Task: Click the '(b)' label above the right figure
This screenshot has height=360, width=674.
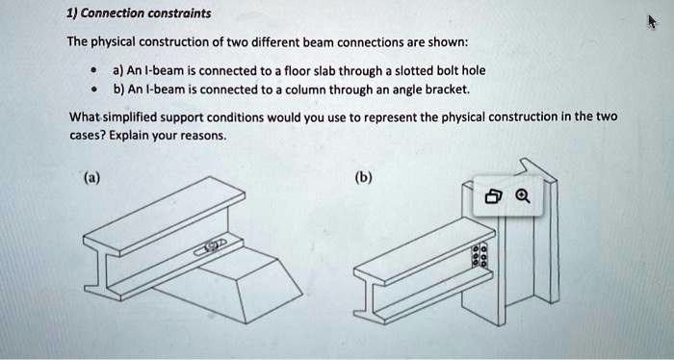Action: (365, 177)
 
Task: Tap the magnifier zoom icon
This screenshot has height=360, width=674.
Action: (522, 198)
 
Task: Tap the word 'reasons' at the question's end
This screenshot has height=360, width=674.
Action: (204, 136)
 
